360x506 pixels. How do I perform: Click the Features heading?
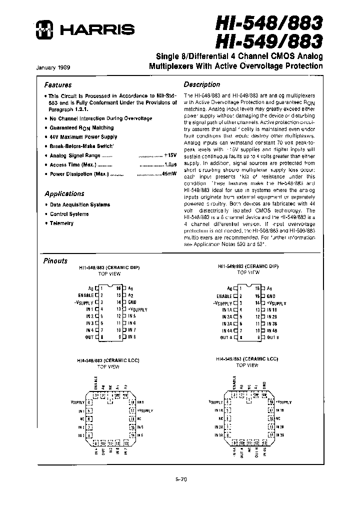point(58,85)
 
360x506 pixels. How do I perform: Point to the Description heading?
point(201,84)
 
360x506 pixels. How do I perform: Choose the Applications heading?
point(64,193)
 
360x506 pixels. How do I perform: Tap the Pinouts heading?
point(55,260)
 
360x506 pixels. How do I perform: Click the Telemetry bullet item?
point(61,223)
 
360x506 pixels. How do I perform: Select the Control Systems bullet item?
point(69,214)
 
